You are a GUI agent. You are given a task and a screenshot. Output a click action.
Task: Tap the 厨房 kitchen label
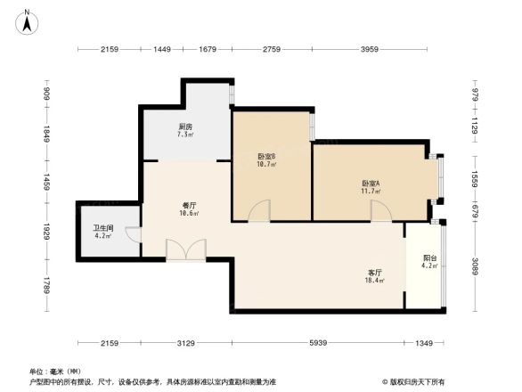[184, 127]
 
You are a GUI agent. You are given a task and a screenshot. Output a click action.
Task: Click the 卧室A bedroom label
[371, 184]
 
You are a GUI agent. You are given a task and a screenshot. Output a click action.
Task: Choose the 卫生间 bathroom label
[104, 228]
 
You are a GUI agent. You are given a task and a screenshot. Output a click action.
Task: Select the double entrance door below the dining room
[185, 249]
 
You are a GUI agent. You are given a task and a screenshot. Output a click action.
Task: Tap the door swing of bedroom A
[381, 210]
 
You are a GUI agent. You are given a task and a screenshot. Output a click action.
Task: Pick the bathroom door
[133, 235]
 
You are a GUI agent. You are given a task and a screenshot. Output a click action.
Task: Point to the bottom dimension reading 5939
[319, 344]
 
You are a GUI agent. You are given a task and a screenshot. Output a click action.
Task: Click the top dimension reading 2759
[270, 49]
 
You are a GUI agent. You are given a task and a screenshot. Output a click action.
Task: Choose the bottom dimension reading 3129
[185, 344]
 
